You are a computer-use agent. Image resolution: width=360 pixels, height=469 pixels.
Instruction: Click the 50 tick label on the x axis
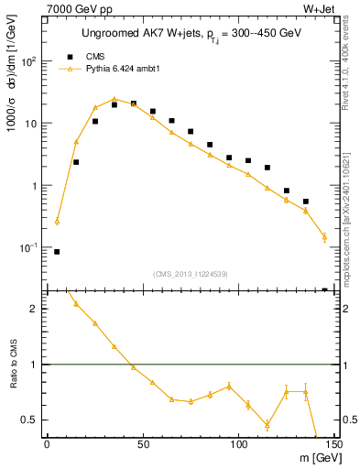(143, 446)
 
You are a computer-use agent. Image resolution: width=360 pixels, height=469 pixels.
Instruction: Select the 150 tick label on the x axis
(335, 446)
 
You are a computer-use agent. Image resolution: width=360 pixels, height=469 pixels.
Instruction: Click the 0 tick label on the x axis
(47, 446)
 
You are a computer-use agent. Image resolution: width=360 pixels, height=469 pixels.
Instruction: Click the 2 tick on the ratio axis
(37, 309)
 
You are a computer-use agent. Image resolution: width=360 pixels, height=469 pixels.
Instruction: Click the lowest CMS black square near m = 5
(57, 251)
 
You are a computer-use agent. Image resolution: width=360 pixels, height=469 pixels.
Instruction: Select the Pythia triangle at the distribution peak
(114, 99)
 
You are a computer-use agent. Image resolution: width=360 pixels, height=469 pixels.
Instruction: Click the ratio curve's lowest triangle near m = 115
(267, 425)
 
